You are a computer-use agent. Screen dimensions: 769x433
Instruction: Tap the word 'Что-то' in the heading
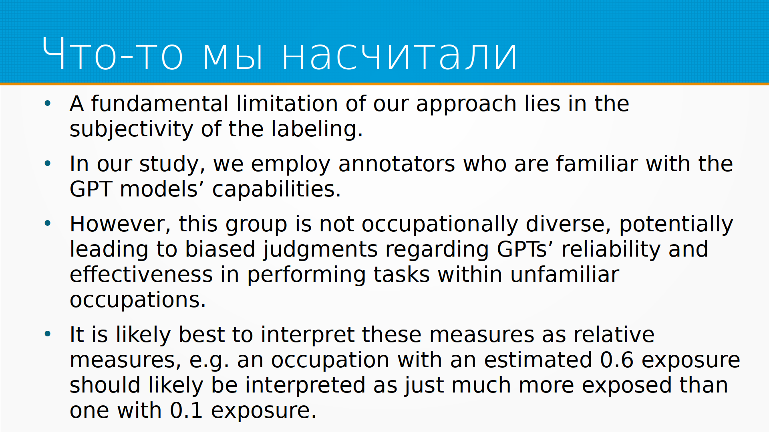coord(113,54)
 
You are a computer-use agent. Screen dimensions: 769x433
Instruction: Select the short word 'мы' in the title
coord(233,56)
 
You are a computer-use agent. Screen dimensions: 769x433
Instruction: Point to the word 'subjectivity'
coord(131,129)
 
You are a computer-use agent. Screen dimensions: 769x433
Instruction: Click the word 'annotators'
coord(397,164)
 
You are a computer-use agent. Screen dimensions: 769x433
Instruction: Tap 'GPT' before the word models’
coord(91,189)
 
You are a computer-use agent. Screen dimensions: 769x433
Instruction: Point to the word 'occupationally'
coord(440,224)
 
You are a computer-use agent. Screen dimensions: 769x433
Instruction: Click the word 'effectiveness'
coord(141,275)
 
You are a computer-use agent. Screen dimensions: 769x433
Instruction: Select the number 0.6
coord(617,360)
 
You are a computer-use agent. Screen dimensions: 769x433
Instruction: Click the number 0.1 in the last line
coord(186,411)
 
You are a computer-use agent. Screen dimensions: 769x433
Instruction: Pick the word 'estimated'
coord(538,360)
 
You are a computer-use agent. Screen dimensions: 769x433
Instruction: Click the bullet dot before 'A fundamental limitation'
coord(48,103)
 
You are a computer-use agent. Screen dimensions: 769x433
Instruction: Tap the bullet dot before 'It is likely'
coord(48,334)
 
